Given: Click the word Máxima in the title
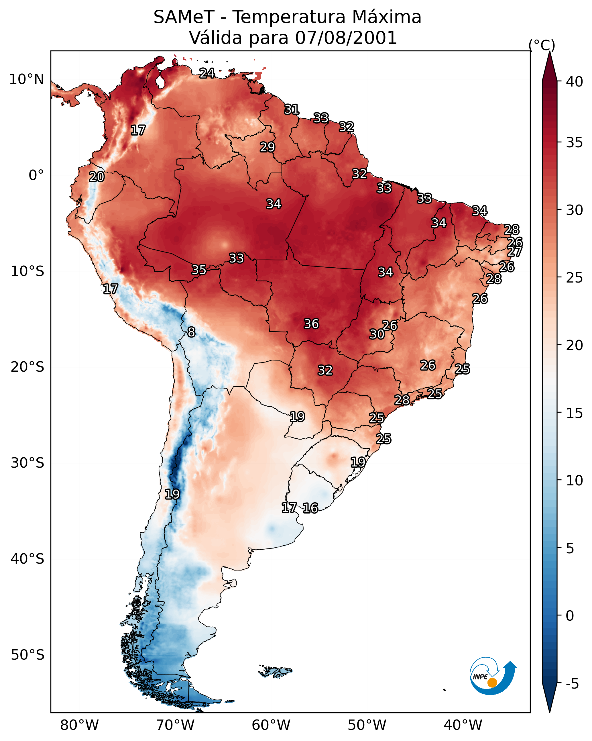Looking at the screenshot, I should point(386,17).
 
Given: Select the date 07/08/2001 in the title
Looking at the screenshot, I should point(346,38).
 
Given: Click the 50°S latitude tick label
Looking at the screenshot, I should point(27,655).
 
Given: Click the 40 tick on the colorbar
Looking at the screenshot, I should point(574,82).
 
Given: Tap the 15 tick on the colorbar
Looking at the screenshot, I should point(574,413).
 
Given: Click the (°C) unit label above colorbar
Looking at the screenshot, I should point(542,45).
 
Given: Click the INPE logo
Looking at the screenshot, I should point(493,676).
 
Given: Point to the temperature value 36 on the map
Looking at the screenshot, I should point(311,324).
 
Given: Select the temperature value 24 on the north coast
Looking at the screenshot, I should point(207,73).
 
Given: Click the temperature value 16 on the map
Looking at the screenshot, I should point(310,508).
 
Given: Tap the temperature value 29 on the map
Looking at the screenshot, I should point(267,147).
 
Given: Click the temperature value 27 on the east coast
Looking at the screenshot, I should point(514,252).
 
